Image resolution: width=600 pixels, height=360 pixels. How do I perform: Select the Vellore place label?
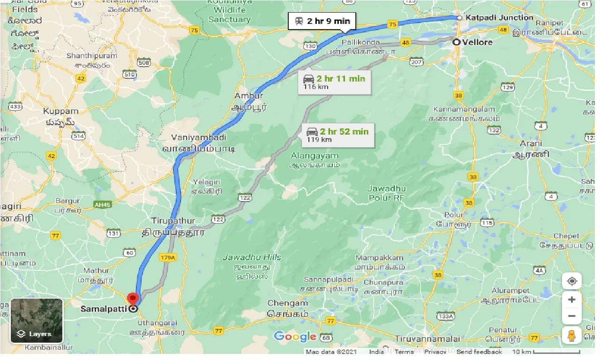(477, 42)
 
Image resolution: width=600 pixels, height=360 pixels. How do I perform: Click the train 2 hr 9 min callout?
(322, 21)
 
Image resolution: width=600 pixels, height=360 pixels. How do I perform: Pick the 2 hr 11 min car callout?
(334, 82)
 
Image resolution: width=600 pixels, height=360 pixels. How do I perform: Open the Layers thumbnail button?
(37, 321)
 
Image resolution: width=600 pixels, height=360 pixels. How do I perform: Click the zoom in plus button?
(572, 300)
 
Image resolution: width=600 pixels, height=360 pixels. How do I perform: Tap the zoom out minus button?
(572, 316)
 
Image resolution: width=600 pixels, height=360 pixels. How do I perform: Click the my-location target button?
(572, 281)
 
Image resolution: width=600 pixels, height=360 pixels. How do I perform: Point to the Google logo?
(295, 337)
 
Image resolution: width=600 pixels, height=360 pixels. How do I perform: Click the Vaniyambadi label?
(199, 137)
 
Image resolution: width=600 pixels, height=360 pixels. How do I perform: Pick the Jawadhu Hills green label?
(252, 257)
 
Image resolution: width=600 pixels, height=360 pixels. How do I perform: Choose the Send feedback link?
(479, 352)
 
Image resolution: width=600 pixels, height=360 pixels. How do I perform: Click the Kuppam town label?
(61, 112)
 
